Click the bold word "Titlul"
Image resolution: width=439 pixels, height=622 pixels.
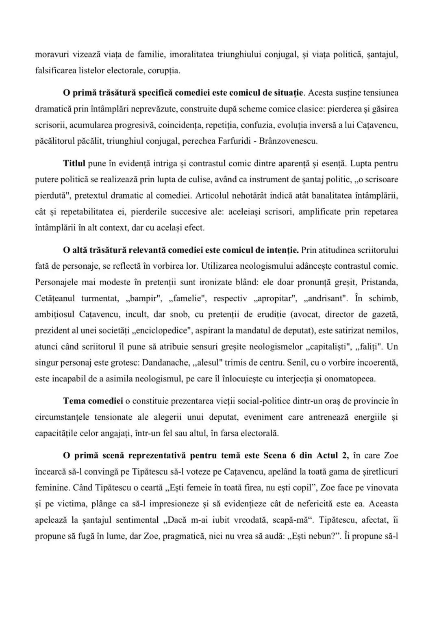coord(74,164)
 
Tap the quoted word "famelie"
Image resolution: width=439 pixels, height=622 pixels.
coord(188,298)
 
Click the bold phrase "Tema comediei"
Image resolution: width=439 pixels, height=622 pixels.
coord(93,401)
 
